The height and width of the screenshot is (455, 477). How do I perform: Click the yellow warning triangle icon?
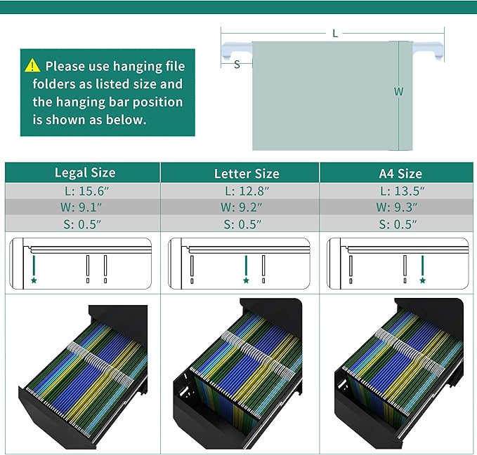click(32, 66)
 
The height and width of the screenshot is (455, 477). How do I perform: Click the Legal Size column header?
click(85, 172)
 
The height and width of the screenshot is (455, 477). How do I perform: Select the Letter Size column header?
click(247, 173)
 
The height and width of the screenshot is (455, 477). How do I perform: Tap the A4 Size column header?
click(400, 173)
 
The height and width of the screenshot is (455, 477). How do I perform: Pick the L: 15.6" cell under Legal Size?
click(86, 191)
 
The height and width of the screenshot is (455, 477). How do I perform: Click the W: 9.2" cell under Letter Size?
click(241, 207)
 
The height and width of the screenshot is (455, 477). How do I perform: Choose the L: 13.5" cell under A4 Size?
click(402, 191)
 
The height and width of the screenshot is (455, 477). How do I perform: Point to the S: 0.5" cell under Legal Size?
click(82, 224)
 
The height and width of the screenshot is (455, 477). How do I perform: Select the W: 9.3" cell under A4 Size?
click(396, 207)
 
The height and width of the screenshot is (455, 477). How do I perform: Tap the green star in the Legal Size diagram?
click(34, 280)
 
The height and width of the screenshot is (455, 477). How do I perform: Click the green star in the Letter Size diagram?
click(246, 280)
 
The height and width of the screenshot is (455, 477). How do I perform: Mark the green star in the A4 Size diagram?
click(422, 280)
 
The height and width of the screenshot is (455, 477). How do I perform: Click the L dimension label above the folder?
click(335, 34)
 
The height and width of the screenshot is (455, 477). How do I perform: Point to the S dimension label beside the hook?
click(237, 64)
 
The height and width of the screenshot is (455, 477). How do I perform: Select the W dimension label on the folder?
click(398, 91)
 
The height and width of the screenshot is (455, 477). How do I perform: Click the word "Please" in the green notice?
click(65, 66)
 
